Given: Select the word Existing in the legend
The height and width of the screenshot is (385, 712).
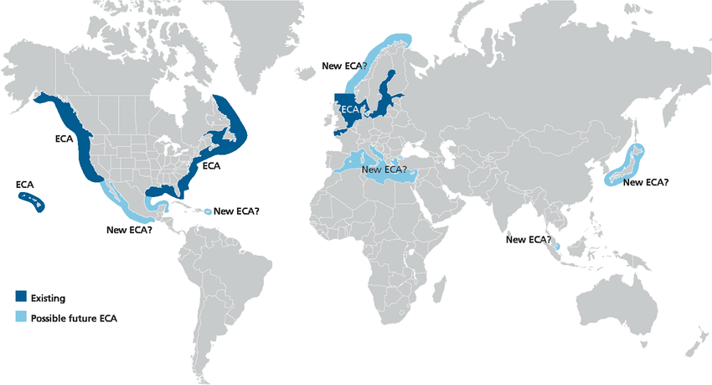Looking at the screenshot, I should [48, 298].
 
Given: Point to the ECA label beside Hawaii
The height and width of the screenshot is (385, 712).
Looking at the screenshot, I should [25, 185].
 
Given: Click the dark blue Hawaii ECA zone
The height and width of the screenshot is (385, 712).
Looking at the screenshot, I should [31, 200].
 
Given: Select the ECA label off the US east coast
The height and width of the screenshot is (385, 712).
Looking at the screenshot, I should [211, 166].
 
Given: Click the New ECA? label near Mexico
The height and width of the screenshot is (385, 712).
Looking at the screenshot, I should [130, 229].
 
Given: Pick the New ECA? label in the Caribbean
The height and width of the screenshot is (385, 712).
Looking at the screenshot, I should [236, 211].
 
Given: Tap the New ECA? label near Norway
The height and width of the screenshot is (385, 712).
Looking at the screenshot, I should [345, 65].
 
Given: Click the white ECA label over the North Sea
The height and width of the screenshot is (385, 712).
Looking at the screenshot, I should [350, 110].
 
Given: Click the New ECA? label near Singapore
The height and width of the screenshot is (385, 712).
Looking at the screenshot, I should [528, 240].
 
